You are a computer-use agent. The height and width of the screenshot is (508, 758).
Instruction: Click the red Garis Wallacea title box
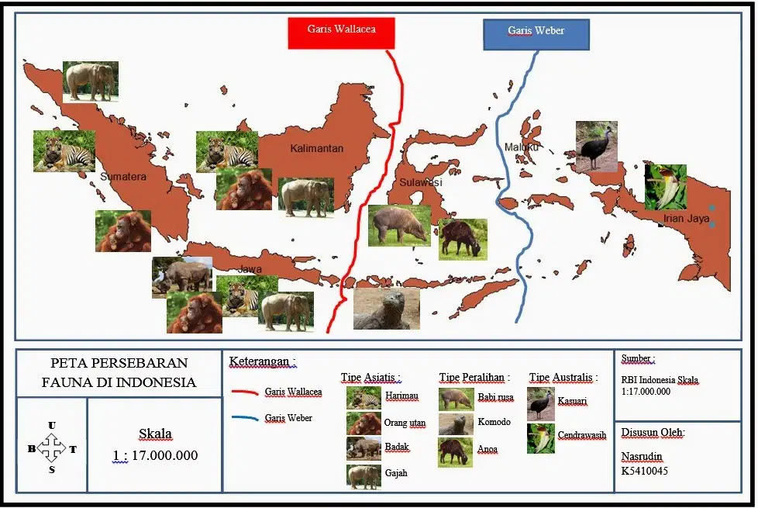pyautogui.click(x=341, y=33)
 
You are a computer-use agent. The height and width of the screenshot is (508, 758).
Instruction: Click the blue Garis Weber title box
pyautogui.click(x=536, y=35)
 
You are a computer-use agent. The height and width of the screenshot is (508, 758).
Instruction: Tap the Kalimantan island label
pyautogui.click(x=317, y=149)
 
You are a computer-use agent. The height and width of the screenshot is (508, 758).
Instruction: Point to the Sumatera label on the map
pyautogui.click(x=123, y=177)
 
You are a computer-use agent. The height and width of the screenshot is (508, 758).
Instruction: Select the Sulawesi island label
pyautogui.click(x=421, y=182)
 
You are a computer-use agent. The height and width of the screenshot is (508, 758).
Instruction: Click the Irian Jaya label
pyautogui.click(x=686, y=218)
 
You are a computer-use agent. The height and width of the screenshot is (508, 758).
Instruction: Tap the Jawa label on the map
pyautogui.click(x=250, y=269)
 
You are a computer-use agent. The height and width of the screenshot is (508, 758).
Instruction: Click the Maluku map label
pyautogui.click(x=521, y=147)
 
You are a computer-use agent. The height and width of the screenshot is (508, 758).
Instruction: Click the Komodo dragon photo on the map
pyautogui.click(x=387, y=309)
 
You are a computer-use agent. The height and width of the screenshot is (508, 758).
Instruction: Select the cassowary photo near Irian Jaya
pyautogui.click(x=597, y=147)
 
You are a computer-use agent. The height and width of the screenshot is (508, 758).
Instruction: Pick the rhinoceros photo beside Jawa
pyautogui.click(x=182, y=277)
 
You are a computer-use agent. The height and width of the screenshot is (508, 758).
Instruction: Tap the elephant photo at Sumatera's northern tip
pyautogui.click(x=91, y=81)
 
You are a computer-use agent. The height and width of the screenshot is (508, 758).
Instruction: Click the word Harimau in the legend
pyautogui.click(x=401, y=396)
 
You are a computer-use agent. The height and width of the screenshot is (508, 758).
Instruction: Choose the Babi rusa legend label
pyautogui.click(x=495, y=397)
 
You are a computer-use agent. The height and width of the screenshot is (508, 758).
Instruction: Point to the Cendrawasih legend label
pyautogui.click(x=581, y=435)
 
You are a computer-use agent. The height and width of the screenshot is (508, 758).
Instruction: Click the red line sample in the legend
pyautogui.click(x=245, y=392)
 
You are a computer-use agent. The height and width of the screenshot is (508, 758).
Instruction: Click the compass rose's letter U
pyautogui.click(x=52, y=426)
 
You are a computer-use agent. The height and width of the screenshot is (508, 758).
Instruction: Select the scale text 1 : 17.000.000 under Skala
pyautogui.click(x=155, y=456)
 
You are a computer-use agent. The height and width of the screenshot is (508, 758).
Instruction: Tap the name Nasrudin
pyautogui.click(x=642, y=457)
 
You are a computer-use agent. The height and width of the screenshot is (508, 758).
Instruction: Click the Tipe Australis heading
pyautogui.click(x=563, y=378)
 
